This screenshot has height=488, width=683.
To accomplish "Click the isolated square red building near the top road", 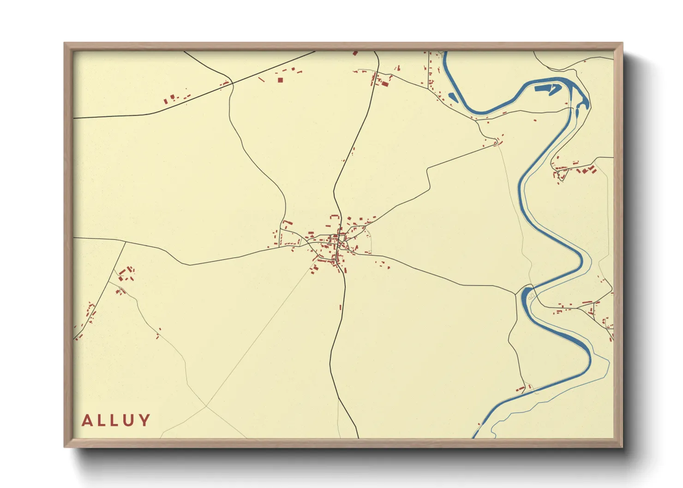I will pos(280,80).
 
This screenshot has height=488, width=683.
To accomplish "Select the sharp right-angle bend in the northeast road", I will pos(428,169).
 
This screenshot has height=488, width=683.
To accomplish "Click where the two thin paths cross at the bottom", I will pos(206,406).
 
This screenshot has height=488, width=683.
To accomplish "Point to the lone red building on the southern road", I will pos(341,307).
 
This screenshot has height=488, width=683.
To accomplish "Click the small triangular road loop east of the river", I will pos(562,174).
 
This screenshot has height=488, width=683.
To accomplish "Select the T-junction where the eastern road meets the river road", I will pos(515,294).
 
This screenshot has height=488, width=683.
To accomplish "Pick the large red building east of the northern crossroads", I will pos(384,83).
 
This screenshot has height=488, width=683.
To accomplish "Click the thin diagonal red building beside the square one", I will pos(261,80).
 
